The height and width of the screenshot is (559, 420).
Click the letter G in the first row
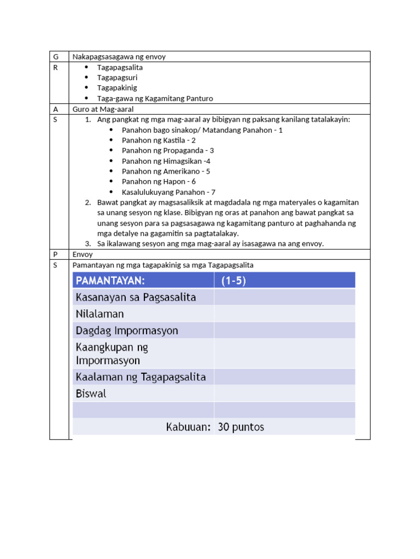coord(55,57)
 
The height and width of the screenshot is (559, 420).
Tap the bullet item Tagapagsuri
coord(117,78)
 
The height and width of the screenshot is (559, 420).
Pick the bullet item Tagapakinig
coord(117,88)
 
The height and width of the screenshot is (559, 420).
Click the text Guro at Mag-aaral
coord(103,109)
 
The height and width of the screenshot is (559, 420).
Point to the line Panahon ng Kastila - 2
coord(159,140)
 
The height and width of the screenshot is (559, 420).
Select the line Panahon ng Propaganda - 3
coord(167,150)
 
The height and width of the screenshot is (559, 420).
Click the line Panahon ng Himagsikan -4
coord(166,161)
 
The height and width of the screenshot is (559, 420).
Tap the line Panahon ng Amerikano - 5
coord(166,171)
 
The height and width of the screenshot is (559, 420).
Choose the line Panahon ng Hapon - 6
coord(159,181)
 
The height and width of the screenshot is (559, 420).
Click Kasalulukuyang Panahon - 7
coord(168,192)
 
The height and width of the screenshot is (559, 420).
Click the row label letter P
coord(55,254)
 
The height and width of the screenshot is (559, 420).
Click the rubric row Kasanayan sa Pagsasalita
coord(136,298)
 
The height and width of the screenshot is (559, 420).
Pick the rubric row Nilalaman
coord(100,314)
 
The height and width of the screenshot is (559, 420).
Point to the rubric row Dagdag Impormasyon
coord(127,331)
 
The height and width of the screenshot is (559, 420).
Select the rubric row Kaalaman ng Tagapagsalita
coord(141,377)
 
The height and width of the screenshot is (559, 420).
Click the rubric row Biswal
coord(91,394)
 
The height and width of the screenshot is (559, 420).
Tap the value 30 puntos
coord(241,427)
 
